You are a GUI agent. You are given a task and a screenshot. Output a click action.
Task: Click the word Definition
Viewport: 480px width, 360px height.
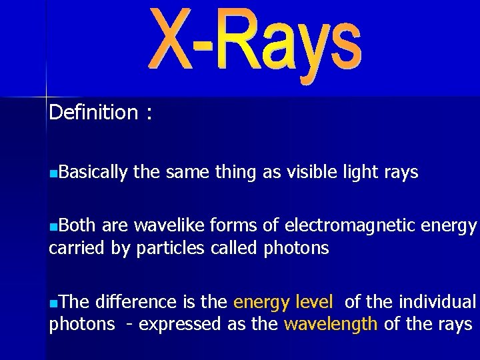[93, 112]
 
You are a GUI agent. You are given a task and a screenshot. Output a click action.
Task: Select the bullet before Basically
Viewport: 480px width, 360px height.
[53, 173]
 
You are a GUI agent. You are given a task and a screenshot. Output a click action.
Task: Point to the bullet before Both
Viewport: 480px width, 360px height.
[53, 227]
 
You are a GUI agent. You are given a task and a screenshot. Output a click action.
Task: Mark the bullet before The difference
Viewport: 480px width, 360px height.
[53, 303]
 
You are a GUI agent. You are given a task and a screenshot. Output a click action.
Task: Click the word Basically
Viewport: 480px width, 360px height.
[93, 173]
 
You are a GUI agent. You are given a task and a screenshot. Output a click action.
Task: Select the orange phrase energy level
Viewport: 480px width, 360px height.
[283, 303]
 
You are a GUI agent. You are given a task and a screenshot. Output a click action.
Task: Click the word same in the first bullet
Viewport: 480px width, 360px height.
[187, 173]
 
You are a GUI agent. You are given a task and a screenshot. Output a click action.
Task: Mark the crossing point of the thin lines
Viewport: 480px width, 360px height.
[45, 97]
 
